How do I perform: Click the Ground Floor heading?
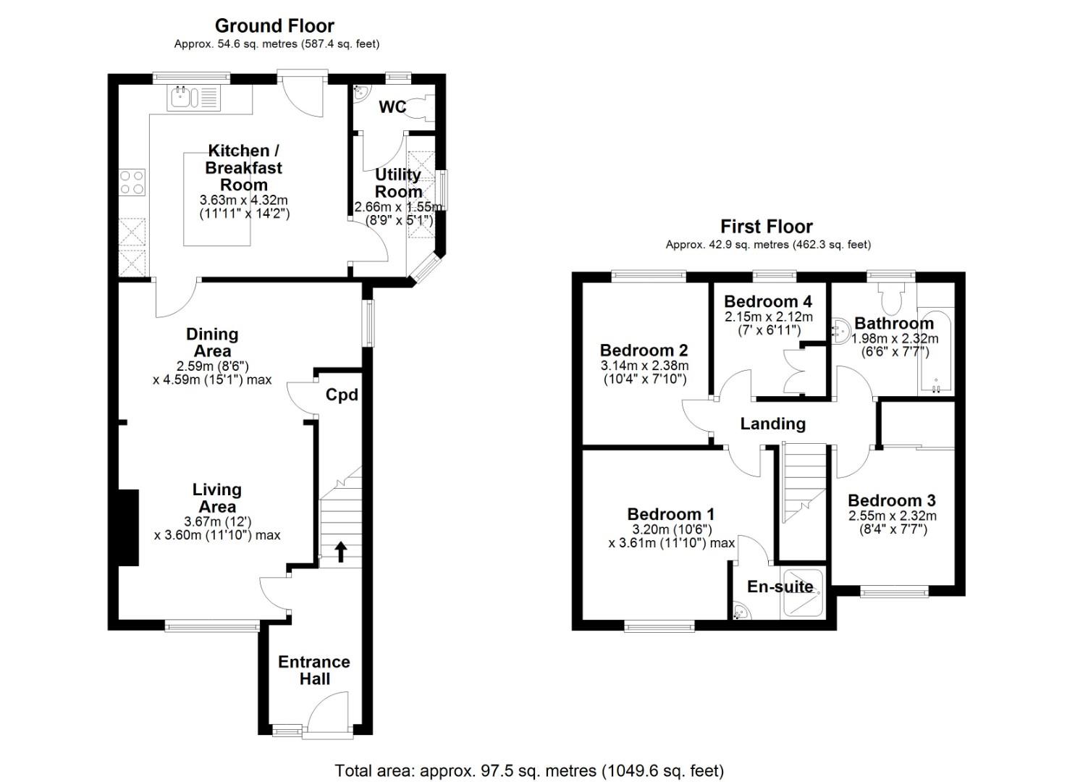[x=274, y=26]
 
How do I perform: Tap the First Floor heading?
[x=766, y=227]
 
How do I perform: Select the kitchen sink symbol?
[x=184, y=97]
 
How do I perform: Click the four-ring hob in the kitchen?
[x=132, y=182]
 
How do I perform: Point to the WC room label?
[x=392, y=107]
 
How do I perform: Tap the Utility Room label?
[x=398, y=183]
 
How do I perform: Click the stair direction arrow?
[x=340, y=552]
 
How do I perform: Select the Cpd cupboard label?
[x=342, y=395]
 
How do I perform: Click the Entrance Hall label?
[x=314, y=670]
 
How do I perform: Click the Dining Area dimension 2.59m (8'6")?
[x=212, y=366]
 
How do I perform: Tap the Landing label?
[x=772, y=424]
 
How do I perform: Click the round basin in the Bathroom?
[x=840, y=332]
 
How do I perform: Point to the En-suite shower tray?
[x=802, y=596]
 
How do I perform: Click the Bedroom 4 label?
[x=767, y=301]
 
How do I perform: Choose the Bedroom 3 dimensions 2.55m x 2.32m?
[x=892, y=516]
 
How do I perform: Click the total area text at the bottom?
[x=529, y=770]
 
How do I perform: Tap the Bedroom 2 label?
[x=644, y=350]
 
